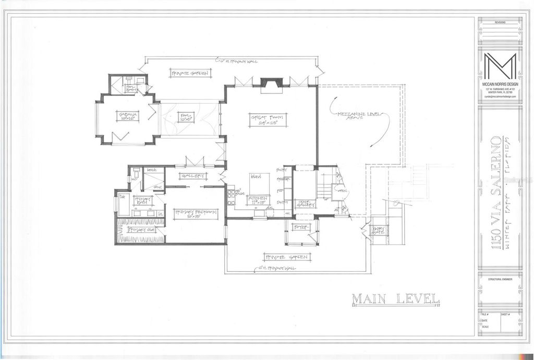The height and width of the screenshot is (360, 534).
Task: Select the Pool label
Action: (186, 117)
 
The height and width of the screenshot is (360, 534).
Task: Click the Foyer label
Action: (301, 227)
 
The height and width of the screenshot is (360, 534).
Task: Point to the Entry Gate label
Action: (378, 230)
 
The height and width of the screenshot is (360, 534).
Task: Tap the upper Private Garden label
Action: (189, 74)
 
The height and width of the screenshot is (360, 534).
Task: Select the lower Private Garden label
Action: (287, 257)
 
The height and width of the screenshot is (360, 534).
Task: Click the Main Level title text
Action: (396, 299)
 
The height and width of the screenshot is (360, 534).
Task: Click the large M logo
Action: (500, 66)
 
